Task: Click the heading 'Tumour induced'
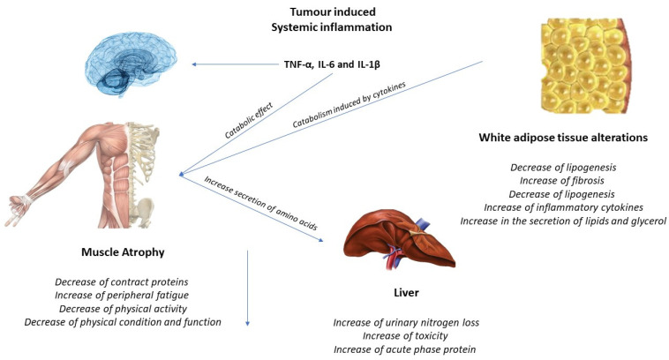tap(334, 12)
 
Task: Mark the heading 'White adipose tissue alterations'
tap(564, 139)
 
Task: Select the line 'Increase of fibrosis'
tap(564, 181)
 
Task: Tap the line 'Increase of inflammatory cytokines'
tap(564, 207)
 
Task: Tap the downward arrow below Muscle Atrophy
tap(249, 291)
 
